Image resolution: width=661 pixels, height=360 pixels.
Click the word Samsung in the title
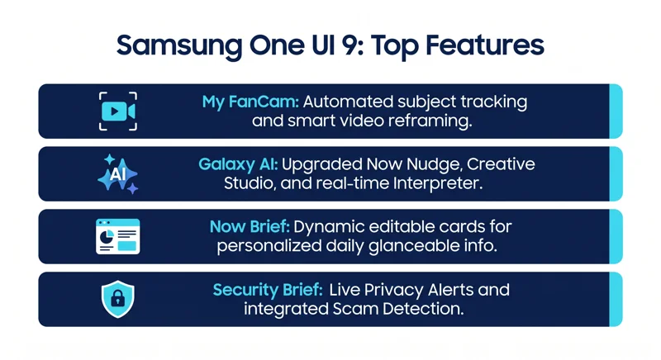coord(179,46)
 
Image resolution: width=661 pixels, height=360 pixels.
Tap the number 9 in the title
coord(347,45)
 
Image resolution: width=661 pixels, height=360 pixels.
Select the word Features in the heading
coord(485,45)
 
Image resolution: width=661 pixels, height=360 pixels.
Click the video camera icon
coord(118,111)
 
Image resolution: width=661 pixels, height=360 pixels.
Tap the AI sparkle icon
coord(118,173)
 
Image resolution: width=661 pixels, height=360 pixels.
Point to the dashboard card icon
coord(118,236)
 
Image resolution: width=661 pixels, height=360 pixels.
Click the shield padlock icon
coord(118,299)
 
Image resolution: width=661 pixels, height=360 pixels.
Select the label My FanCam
coord(250,102)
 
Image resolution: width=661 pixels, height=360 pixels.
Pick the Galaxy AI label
coord(238,164)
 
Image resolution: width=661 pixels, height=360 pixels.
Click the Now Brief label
coord(250,227)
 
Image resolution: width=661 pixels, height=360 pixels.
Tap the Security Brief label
coord(268,290)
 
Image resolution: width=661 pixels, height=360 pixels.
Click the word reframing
coord(430,121)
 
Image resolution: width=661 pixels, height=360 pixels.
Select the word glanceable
coord(411,246)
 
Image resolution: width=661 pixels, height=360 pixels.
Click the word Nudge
coord(435,164)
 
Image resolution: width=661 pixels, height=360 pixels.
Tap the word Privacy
coord(394,290)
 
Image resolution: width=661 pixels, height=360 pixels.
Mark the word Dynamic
coord(329,227)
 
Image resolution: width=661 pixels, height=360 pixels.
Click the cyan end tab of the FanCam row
coord(616,111)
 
